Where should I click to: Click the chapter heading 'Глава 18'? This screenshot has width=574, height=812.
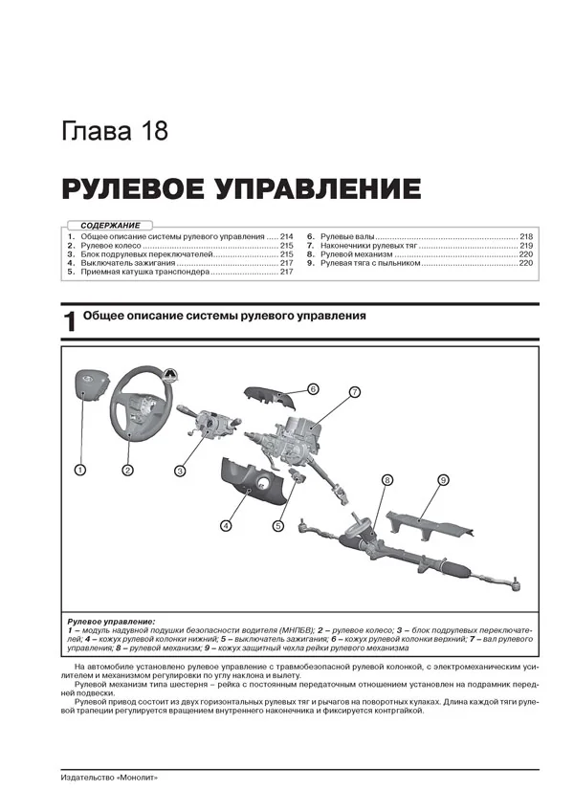pyautogui.click(x=114, y=131)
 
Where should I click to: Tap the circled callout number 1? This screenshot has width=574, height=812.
pyautogui.click(x=80, y=470)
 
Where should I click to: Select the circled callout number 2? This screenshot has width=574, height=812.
pyautogui.click(x=126, y=470)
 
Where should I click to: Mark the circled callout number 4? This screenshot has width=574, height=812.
pyautogui.click(x=225, y=524)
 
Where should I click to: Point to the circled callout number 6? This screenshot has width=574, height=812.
pyautogui.click(x=312, y=388)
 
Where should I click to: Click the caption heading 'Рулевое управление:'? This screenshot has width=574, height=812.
pyautogui.click(x=112, y=621)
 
